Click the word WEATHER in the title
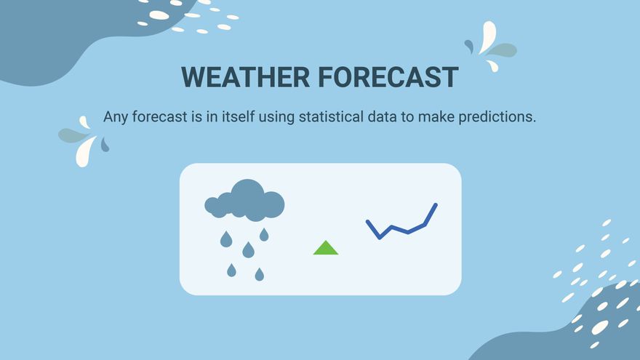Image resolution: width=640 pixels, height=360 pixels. [x=245, y=77]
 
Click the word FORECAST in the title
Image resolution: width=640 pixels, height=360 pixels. [x=388, y=77]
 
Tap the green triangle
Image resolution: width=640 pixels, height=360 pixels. [x=326, y=248]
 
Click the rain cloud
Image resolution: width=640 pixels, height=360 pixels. [x=244, y=201]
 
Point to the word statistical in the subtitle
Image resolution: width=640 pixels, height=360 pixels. [x=331, y=117]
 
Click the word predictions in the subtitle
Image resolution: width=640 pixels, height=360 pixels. [x=497, y=117]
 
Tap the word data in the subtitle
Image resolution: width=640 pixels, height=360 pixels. [x=382, y=117]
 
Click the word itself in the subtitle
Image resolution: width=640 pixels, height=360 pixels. [x=239, y=117]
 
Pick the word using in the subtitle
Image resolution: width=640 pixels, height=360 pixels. [x=276, y=118]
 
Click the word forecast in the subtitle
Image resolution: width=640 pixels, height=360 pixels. [x=159, y=117]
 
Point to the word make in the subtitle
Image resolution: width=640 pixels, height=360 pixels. [x=436, y=117]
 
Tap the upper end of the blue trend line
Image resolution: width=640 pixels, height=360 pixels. [x=436, y=205]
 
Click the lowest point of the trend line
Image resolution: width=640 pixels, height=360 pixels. [x=380, y=237]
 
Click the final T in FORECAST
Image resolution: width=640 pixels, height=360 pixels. [x=449, y=77]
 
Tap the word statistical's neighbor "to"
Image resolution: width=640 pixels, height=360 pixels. [x=407, y=117]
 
